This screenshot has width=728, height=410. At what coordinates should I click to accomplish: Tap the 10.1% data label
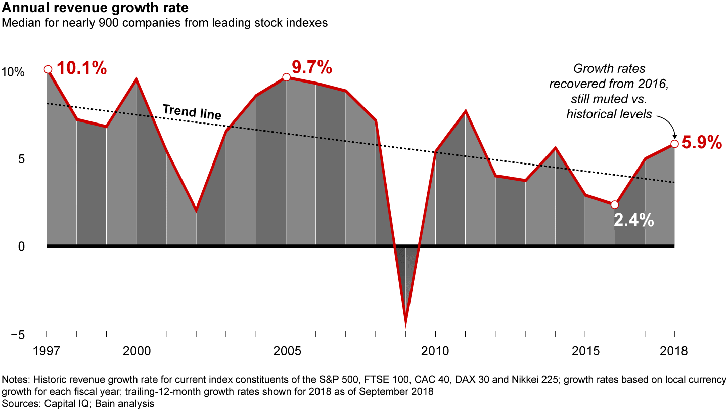pyautogui.click(x=81, y=68)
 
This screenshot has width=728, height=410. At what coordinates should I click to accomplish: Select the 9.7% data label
pyautogui.click(x=312, y=66)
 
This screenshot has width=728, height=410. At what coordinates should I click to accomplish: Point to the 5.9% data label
pyautogui.click(x=701, y=143)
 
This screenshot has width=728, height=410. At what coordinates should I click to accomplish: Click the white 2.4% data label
pyautogui.click(x=634, y=221)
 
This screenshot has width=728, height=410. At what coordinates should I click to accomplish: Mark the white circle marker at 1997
pyautogui.click(x=48, y=69)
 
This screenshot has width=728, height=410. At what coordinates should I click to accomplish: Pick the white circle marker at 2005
pyautogui.click(x=286, y=77)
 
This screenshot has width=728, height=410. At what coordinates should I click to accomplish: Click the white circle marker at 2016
pyautogui.click(x=614, y=204)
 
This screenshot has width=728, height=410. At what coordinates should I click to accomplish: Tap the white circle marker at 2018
pyautogui.click(x=674, y=144)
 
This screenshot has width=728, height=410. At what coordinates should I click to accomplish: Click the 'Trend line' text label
pyautogui.click(x=192, y=112)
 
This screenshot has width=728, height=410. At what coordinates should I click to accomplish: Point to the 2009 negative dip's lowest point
pyautogui.click(x=406, y=325)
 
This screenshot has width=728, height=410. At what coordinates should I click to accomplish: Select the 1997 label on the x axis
pyautogui.click(x=47, y=351)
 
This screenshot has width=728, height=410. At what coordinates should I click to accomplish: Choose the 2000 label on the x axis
pyautogui.click(x=136, y=351)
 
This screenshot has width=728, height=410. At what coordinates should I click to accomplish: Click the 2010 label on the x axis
pyautogui.click(x=435, y=351)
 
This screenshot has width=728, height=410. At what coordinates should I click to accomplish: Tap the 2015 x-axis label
pyautogui.click(x=585, y=351)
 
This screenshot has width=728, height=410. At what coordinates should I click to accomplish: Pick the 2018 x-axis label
pyautogui.click(x=674, y=351)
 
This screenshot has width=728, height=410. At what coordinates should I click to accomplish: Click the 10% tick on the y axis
pyautogui.click(x=13, y=72)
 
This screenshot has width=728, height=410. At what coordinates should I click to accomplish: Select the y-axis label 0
pyautogui.click(x=21, y=247)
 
